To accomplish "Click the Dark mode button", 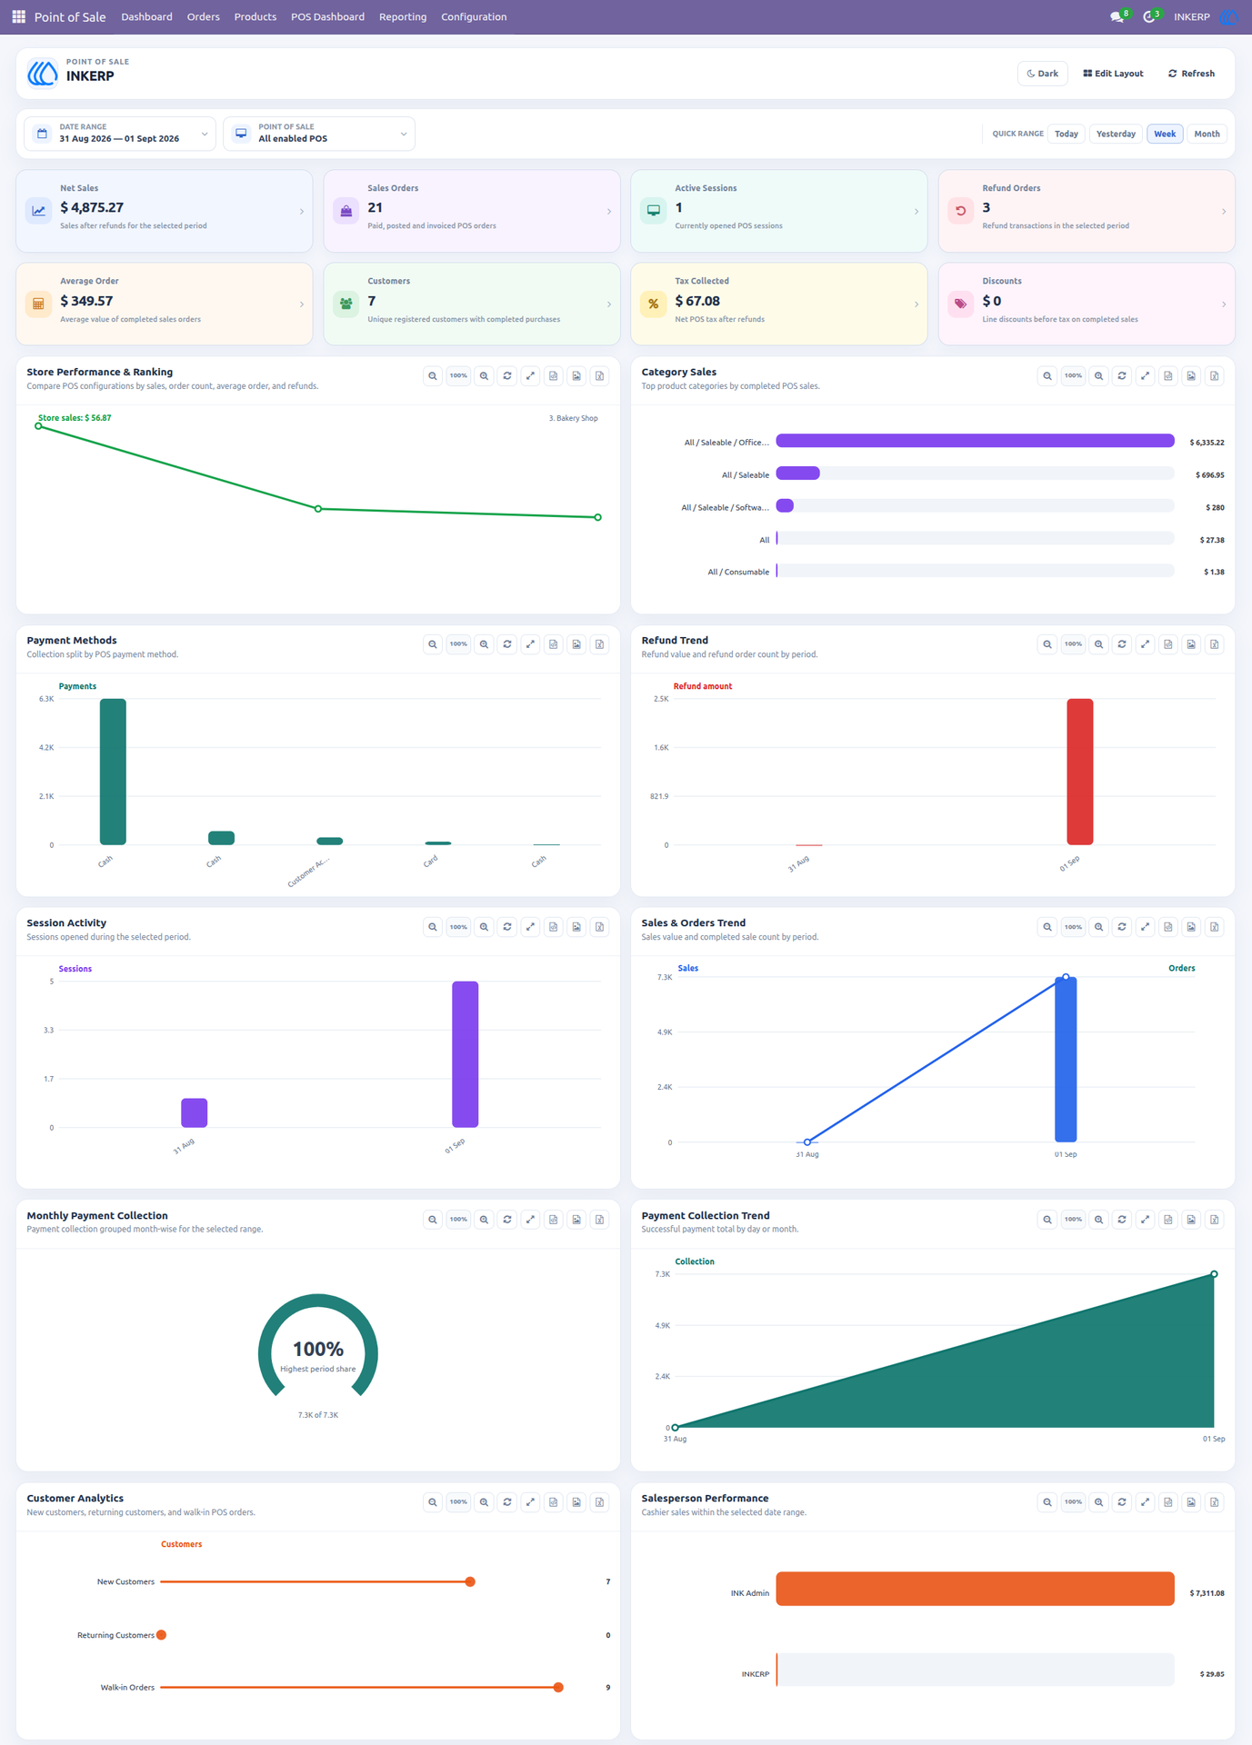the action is click(1042, 74).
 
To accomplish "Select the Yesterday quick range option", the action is click(1116, 134).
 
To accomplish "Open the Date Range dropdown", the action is click(120, 134).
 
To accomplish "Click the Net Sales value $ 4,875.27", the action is click(92, 207).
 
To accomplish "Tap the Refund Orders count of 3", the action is click(987, 207).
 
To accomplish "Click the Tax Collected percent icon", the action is click(653, 304).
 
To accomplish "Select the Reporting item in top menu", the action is click(403, 17).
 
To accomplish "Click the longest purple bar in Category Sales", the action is click(975, 441).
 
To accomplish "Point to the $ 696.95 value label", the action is click(1210, 474).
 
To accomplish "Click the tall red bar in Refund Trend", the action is click(1080, 772).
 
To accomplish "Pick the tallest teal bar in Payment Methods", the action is click(113, 772).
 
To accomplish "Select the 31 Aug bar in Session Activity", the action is click(195, 1112).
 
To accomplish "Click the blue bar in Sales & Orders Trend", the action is click(1066, 1060).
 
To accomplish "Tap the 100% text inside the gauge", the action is click(318, 1349).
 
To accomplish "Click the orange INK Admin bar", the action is click(975, 1589).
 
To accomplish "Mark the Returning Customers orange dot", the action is click(161, 1635).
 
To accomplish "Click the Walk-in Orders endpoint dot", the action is click(558, 1688).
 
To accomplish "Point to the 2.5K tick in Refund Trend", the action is click(661, 699).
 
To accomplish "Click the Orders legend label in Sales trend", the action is click(1182, 968).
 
